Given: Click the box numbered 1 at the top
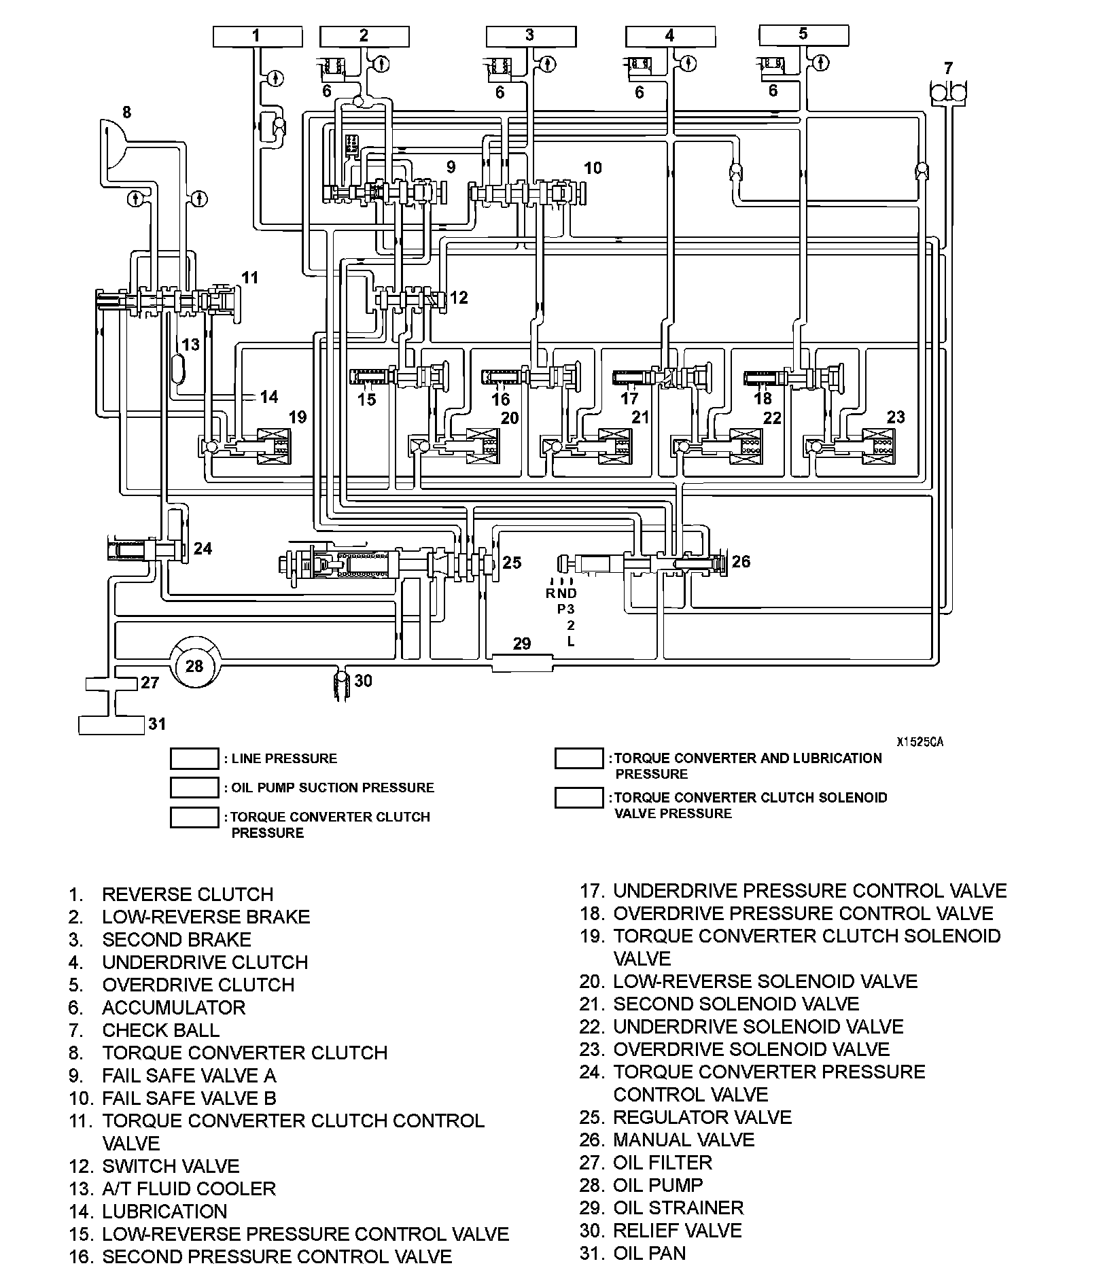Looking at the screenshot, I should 257,36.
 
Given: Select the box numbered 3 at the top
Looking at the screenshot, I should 531,36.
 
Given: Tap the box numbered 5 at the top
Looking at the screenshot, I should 803,35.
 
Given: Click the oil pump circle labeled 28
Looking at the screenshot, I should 194,665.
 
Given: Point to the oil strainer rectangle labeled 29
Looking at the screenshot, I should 521,663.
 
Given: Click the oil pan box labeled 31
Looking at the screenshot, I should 111,725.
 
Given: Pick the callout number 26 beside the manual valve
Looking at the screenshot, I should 741,561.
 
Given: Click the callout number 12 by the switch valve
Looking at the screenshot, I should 459,297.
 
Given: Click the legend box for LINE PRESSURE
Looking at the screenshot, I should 194,758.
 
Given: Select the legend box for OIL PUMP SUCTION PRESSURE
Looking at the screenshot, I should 194,788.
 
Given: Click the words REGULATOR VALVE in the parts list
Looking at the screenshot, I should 702,1117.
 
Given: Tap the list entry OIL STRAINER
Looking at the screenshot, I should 678,1207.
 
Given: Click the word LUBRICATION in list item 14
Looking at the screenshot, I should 164,1212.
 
